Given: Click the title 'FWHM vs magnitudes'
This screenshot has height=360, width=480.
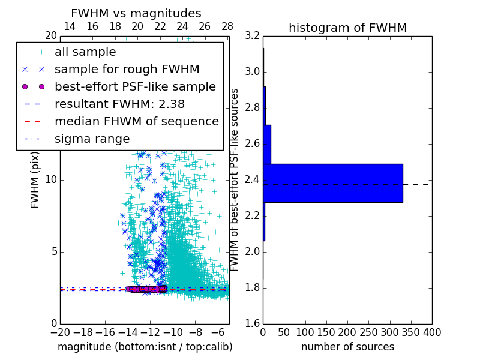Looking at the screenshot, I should click(x=136, y=13).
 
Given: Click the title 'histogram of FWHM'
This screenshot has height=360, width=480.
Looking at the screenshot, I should click(x=347, y=28).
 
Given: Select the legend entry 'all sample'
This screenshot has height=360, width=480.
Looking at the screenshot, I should click(x=85, y=52).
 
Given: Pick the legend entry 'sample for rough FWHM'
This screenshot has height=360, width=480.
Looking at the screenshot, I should click(x=127, y=70).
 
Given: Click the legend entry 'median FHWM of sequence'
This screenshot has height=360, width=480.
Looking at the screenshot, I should click(x=136, y=121).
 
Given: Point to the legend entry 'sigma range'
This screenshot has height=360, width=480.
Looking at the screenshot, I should click(x=92, y=139).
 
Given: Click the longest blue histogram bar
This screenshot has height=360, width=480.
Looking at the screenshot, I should click(x=332, y=183).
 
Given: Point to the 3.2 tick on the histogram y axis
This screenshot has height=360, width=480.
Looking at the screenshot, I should click(x=252, y=36).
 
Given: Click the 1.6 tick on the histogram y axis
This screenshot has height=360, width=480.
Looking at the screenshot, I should click(x=252, y=324).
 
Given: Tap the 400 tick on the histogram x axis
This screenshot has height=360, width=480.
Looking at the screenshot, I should click(x=431, y=332).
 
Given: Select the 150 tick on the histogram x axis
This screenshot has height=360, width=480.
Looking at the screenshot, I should click(x=326, y=332).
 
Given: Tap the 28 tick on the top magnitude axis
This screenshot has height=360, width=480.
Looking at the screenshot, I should click(x=227, y=26).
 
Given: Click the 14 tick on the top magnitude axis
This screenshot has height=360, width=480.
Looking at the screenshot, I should click(x=70, y=26).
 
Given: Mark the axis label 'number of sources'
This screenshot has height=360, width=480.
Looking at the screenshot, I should click(x=347, y=347).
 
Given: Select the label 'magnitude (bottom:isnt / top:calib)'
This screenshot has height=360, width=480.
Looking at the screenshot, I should click(x=145, y=347).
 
